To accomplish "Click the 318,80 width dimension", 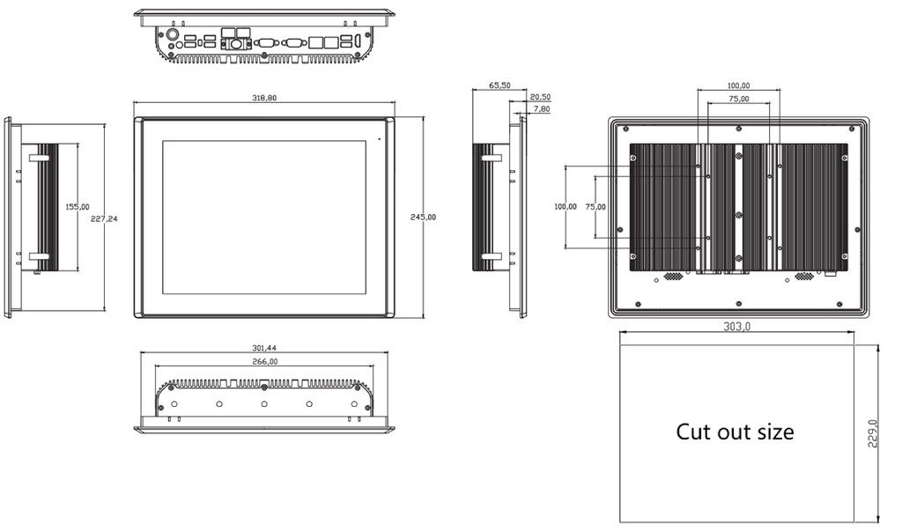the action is (264, 98).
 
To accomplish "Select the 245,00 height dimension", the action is (423, 217).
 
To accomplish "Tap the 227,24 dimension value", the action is (104, 218).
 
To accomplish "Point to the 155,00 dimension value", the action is (78, 206).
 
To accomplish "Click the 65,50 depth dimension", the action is (499, 85).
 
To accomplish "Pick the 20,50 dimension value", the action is (540, 97).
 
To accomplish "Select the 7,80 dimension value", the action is (542, 108).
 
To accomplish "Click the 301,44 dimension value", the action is (264, 348).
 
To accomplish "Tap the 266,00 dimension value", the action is (265, 361).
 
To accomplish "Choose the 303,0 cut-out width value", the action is (737, 326).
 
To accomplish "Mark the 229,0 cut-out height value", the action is (873, 433).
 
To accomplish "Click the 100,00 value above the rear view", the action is (739, 85).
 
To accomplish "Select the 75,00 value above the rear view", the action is (739, 99).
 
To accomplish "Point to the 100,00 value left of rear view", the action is (566, 206).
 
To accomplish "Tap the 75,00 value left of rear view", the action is (595, 206).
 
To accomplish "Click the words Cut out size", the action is (735, 432).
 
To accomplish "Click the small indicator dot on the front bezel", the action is (379, 138).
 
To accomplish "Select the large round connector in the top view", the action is (172, 34).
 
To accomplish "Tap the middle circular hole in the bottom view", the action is (264, 404).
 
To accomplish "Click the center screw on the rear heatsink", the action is (739, 215).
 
